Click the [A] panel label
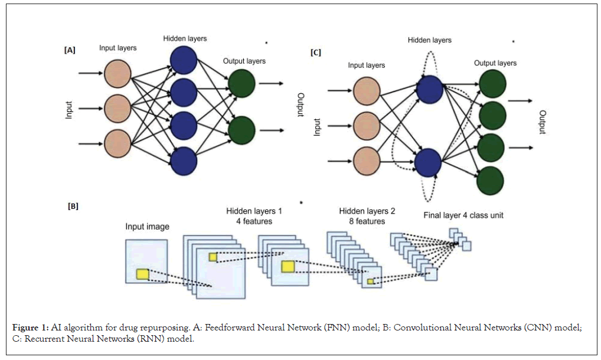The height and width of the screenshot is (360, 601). click(x=70, y=51)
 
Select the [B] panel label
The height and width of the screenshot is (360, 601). click(x=73, y=207)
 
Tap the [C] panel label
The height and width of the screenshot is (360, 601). click(x=316, y=53)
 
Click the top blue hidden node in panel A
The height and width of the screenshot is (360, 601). click(x=183, y=59)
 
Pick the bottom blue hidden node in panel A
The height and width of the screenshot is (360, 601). click(x=183, y=161)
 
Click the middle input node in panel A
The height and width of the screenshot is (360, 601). click(x=117, y=108)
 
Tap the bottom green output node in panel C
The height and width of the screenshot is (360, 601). click(x=491, y=180)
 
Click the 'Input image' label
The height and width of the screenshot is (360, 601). click(x=147, y=227)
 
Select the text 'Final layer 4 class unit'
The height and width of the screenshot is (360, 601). click(x=463, y=215)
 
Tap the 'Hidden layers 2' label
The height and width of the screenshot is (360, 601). click(x=367, y=211)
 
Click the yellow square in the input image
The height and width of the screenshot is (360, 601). click(x=143, y=274)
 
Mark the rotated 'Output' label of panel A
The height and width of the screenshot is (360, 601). click(x=300, y=104)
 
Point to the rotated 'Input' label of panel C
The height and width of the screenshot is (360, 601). click(x=317, y=127)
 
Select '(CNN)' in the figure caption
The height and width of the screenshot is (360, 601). click(x=501, y=328)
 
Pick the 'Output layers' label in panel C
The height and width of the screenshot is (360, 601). click(x=495, y=63)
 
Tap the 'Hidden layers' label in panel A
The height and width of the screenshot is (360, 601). click(x=185, y=38)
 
